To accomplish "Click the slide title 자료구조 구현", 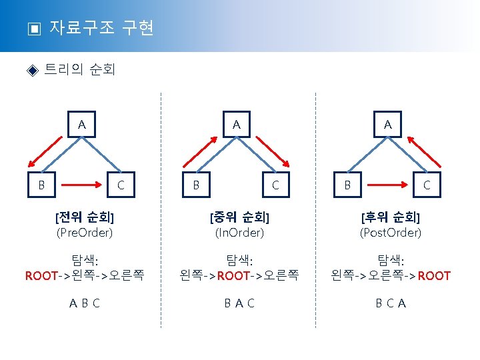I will (x=101, y=28).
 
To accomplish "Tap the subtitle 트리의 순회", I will (x=79, y=70).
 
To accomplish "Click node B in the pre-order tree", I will (x=41, y=184).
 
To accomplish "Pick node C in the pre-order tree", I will (x=121, y=184).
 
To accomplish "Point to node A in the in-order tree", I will (x=236, y=125).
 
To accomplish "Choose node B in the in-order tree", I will (x=196, y=184).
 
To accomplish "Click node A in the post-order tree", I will (x=387, y=125).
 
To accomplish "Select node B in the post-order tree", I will (x=347, y=184).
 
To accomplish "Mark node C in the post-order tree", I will (x=427, y=184).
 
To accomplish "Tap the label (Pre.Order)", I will (x=85, y=233).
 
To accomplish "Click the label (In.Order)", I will (x=239, y=233).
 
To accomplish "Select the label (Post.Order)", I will (x=391, y=233).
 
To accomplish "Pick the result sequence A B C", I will (x=85, y=303).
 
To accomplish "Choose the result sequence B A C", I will (x=239, y=303).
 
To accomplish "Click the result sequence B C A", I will (x=391, y=303).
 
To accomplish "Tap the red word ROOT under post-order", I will (x=435, y=275).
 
